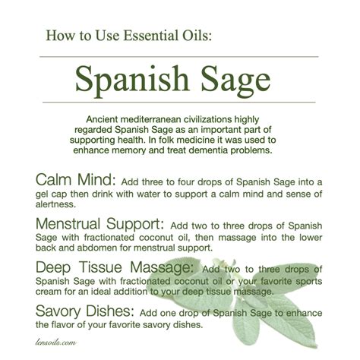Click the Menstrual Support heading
98,226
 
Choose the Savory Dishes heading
84,312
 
